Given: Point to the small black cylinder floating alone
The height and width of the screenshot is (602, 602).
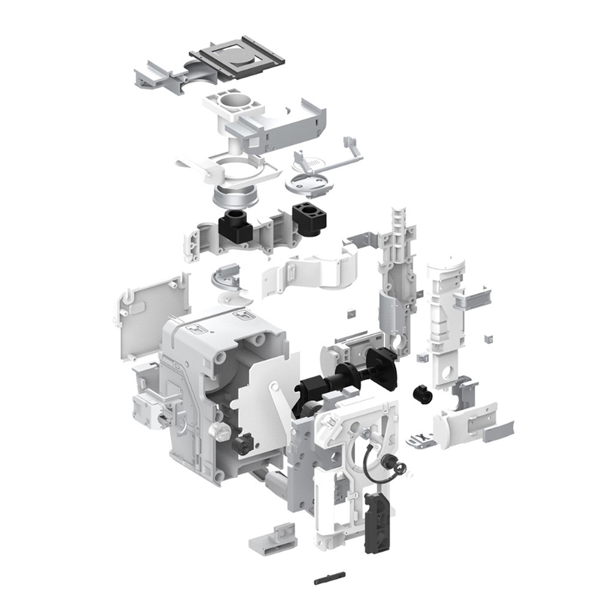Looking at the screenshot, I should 423,394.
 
